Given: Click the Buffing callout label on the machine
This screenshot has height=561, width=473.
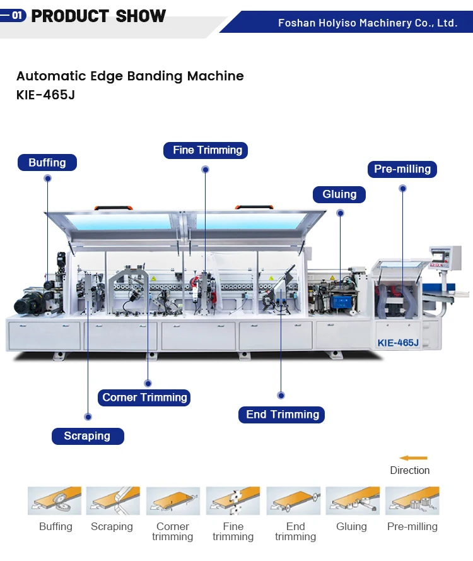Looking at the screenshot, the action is tap(47, 163).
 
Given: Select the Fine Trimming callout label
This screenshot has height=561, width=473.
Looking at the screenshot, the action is tap(206, 150).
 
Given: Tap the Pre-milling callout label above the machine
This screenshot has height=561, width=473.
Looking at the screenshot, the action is tap(402, 169).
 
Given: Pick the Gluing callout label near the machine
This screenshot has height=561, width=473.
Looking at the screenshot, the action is tap(339, 194).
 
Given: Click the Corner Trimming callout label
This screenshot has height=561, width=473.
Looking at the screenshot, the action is tap(144, 398).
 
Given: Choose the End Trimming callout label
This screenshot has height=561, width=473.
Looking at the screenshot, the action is tap(282, 415).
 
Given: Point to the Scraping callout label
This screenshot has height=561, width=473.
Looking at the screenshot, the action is tap(87, 436).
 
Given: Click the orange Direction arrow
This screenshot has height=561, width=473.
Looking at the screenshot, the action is tap(413, 458).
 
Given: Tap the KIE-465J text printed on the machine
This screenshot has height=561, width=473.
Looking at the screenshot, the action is tap(398, 343).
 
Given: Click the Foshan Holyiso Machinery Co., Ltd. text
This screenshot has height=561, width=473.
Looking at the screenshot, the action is tap(367, 23).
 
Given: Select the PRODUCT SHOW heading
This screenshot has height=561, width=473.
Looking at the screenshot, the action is tap(98, 16).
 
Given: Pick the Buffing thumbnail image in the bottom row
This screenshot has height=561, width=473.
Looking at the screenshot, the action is tap(55, 500).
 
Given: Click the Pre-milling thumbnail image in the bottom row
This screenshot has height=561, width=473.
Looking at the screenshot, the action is tap(412, 500).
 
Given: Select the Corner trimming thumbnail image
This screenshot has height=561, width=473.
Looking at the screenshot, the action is tap(173, 500).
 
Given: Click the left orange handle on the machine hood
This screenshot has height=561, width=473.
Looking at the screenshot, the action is tap(113, 207).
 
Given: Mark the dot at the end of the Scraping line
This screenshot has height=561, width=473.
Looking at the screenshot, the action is tap(88, 417).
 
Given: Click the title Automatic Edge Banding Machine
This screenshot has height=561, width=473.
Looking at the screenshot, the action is tap(130, 76).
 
